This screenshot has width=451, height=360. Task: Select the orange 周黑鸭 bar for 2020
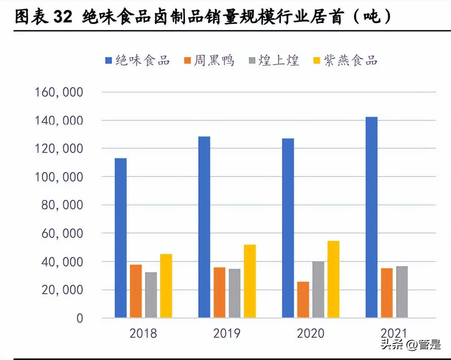point(303,299)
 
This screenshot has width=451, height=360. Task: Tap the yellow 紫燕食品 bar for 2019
point(250,281)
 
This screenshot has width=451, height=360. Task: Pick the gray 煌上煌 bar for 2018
point(151,295)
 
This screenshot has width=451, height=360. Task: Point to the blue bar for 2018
point(121,238)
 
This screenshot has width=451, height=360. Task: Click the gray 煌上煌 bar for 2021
point(402,292)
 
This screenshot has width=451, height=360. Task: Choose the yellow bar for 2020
point(333,279)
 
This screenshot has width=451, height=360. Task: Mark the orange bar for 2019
point(219,292)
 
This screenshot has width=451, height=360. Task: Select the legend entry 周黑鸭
point(209,60)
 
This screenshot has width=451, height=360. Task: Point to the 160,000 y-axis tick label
point(59,92)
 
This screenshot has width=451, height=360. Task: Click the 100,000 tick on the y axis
point(59,177)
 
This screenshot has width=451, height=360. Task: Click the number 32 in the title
point(62,17)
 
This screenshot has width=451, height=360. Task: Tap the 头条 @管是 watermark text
point(410,344)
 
